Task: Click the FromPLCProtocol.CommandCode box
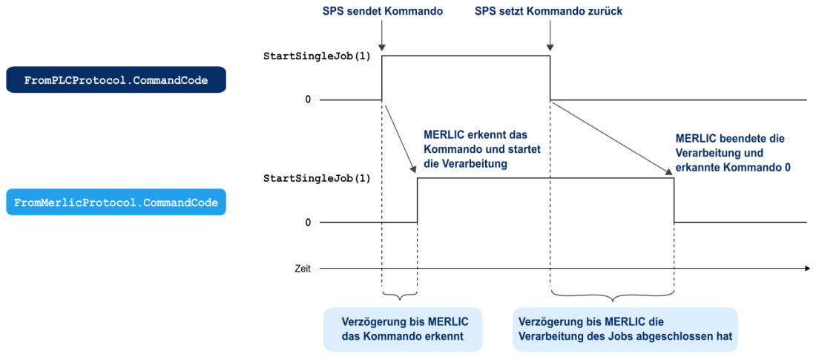click(x=116, y=79)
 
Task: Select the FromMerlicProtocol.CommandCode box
click(x=116, y=202)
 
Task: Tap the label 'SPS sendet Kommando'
click(x=383, y=11)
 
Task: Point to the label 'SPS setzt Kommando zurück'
click(x=548, y=11)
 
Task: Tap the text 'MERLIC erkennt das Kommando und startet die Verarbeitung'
click(x=481, y=150)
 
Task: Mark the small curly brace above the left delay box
click(x=399, y=295)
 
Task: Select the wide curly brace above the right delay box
click(x=612, y=295)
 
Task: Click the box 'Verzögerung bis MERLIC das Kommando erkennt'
click(x=403, y=330)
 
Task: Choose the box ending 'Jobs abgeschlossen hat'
click(x=625, y=330)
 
